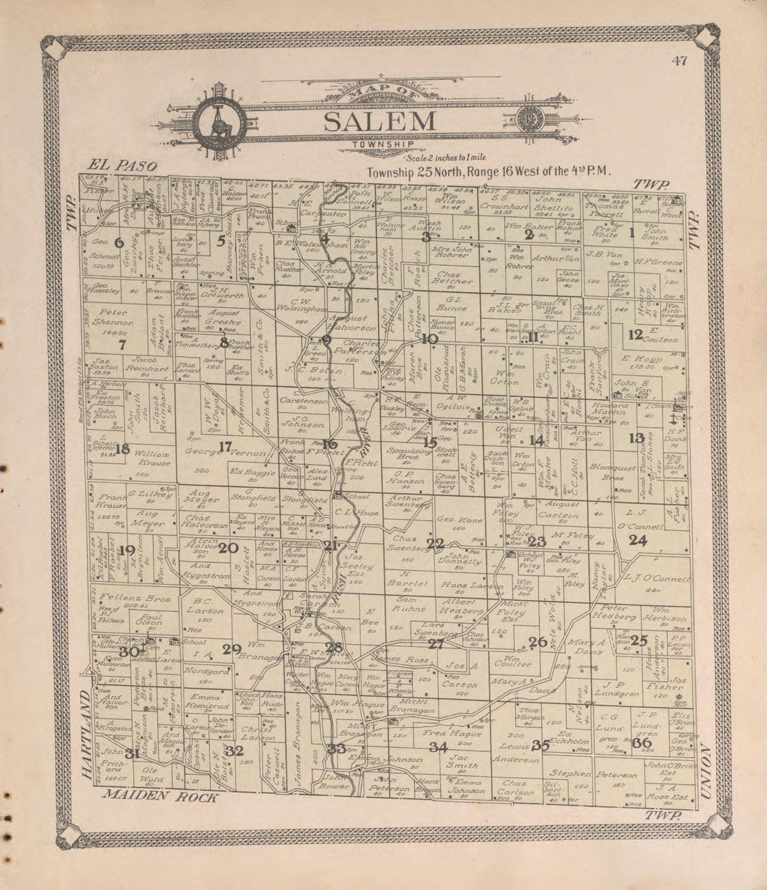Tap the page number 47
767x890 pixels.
680,60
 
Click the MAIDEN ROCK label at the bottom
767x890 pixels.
160,797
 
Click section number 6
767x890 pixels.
119,243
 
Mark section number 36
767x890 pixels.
641,743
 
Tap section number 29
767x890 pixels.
231,650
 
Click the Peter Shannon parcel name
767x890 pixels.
116,318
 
